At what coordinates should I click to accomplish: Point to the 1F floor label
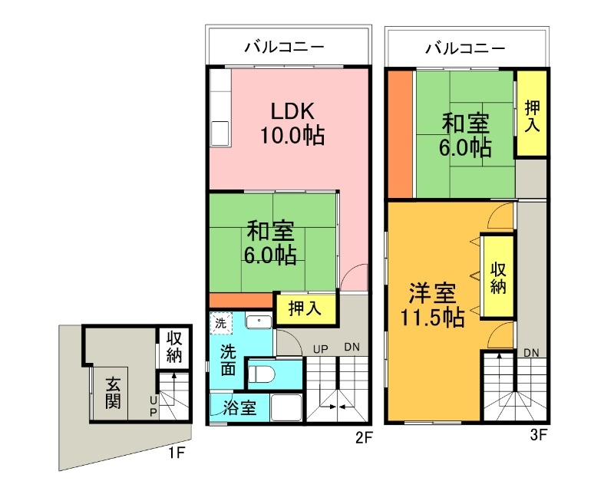(177, 453)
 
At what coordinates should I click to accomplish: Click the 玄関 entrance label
(112, 392)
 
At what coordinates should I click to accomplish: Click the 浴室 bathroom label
(239, 408)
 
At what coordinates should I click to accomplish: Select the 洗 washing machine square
(220, 324)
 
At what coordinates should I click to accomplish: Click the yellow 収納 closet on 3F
(497, 277)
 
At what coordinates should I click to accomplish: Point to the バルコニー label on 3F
(466, 48)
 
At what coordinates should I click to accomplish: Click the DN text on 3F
(531, 352)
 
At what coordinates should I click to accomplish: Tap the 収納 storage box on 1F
(173, 347)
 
